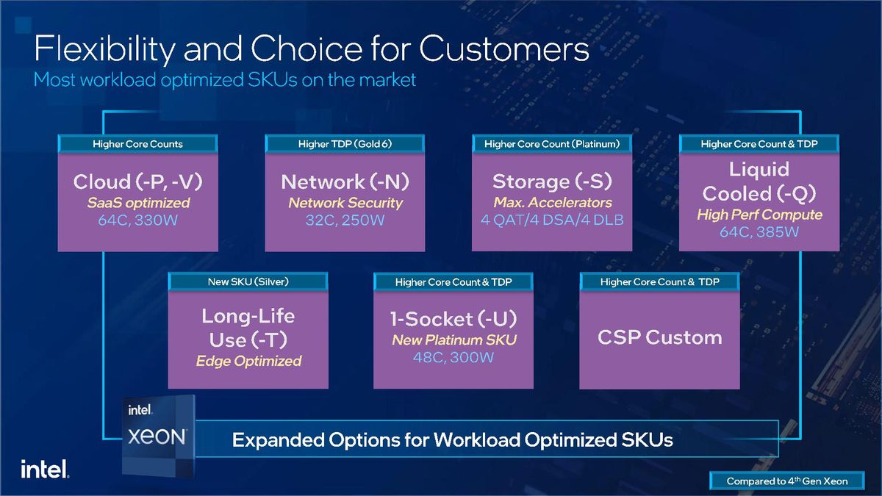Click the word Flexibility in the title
[103, 49]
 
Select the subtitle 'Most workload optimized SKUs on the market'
[225, 79]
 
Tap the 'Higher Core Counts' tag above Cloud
[137, 144]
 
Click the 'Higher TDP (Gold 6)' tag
[345, 144]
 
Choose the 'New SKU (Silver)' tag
[248, 281]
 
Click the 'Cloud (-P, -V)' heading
[137, 181]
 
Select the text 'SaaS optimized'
[137, 203]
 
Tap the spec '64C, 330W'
[137, 220]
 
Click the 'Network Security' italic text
[345, 203]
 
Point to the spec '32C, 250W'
[345, 220]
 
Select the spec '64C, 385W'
[759, 232]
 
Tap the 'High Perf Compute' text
[759, 215]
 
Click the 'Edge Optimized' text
[248, 361]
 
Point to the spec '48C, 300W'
[453, 357]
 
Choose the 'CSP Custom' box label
[659, 337]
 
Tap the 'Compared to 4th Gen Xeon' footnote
[786, 481]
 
